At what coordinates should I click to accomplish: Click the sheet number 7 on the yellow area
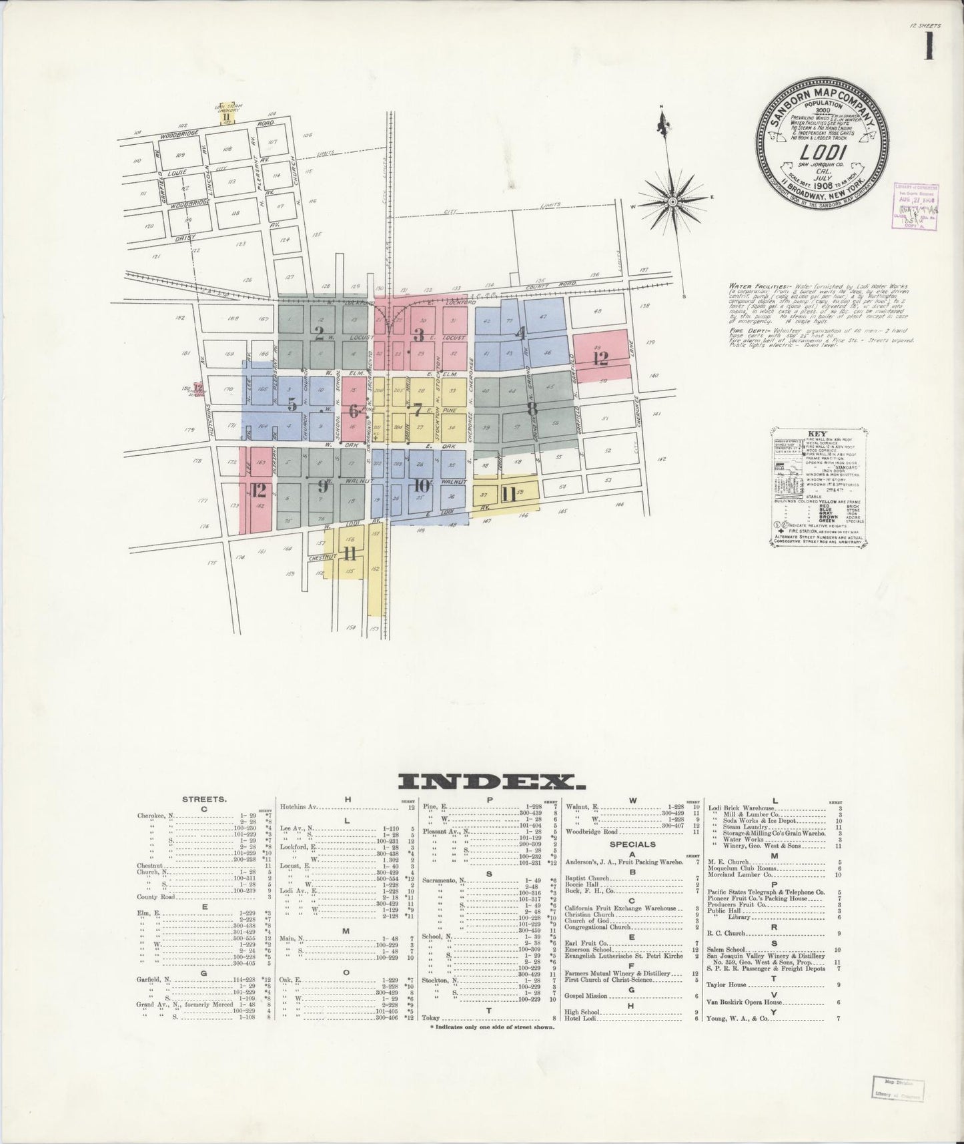[x=418, y=409]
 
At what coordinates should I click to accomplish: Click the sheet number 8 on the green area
[x=531, y=408]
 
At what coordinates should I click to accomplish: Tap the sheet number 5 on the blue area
[x=292, y=404]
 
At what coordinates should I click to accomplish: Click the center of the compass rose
[x=672, y=201]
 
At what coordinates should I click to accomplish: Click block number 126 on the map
[x=248, y=280]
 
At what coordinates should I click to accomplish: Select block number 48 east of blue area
[x=597, y=312]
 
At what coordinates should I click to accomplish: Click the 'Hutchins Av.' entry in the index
[x=298, y=807]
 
